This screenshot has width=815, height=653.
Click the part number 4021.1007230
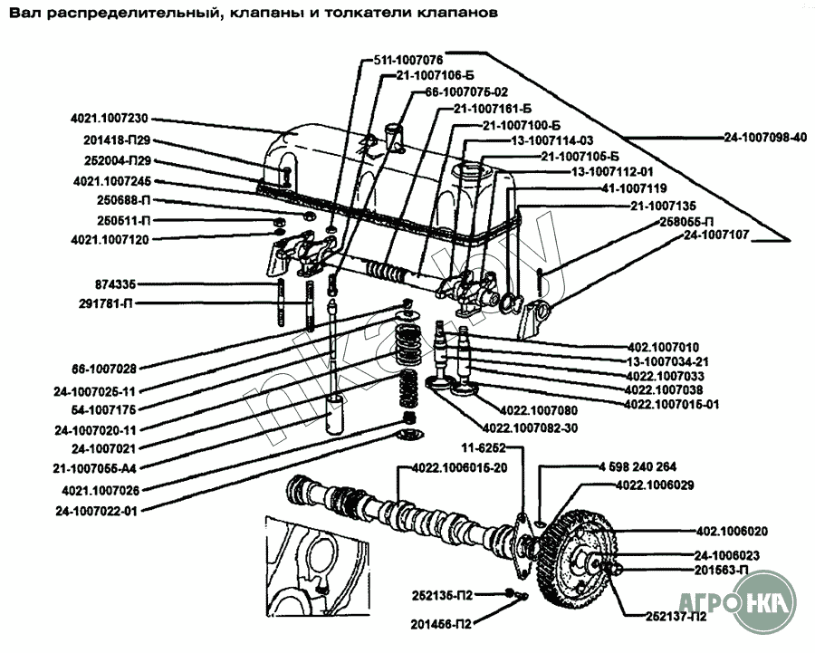point(109,119)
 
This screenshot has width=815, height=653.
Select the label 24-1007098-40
point(764,137)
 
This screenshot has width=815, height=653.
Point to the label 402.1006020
point(732,531)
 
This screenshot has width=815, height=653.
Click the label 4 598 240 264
point(638,467)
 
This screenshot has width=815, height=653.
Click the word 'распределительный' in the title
point(132,14)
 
